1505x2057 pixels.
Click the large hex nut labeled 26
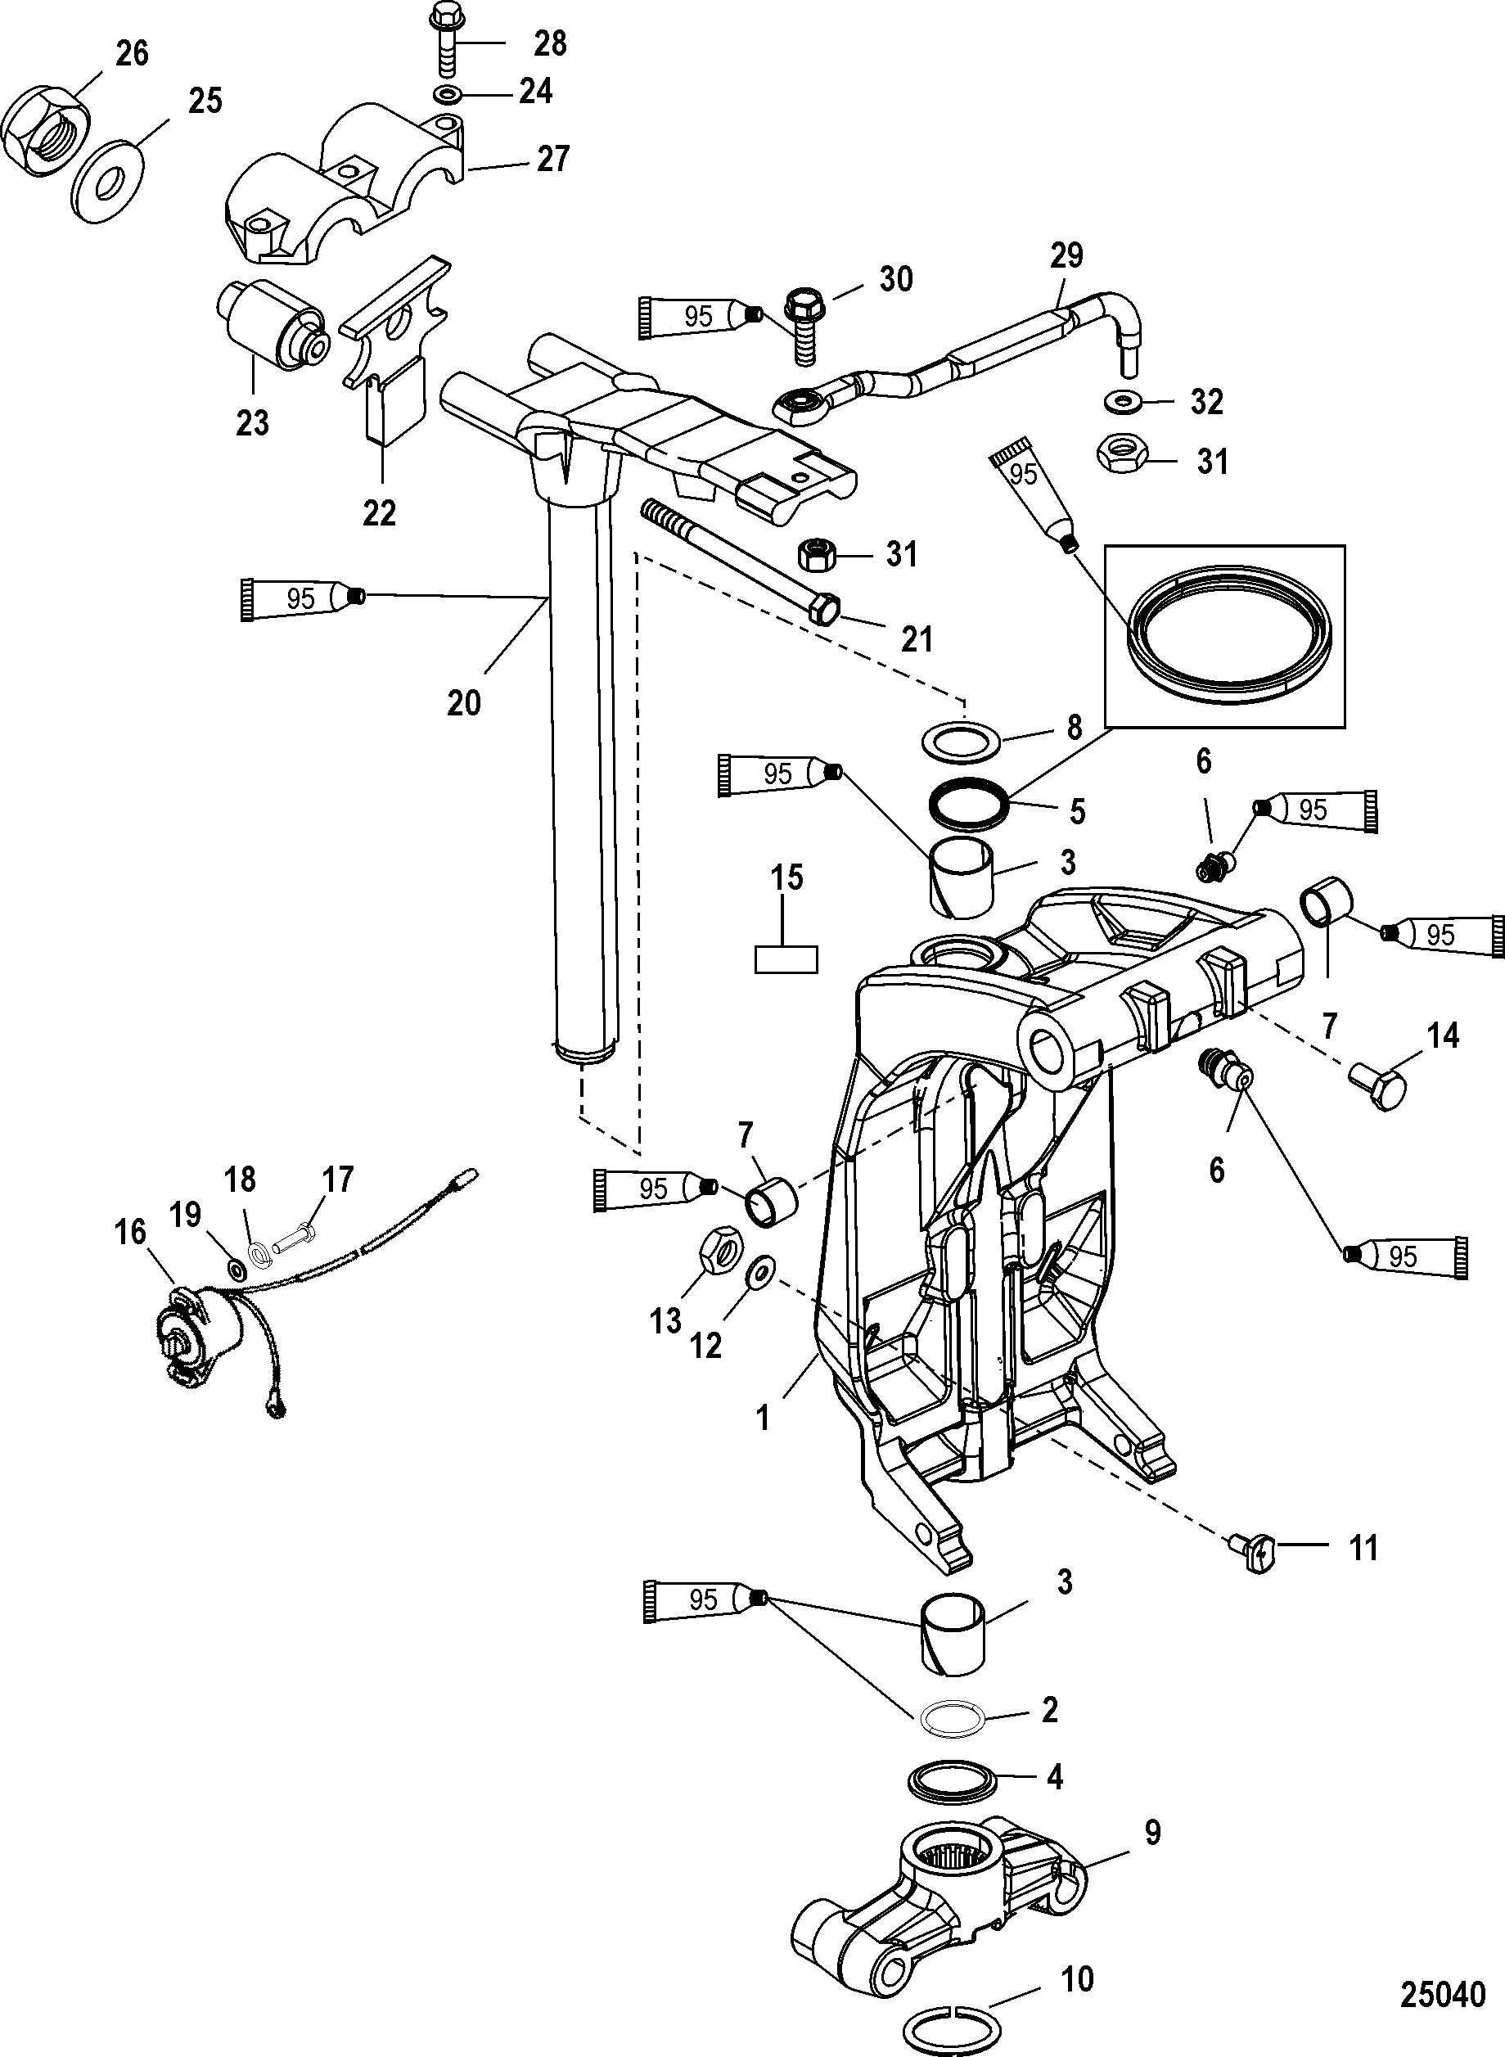(47, 132)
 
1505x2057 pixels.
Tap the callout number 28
(550, 43)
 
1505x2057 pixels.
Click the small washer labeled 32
(1122, 401)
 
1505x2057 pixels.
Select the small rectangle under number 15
(786, 959)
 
